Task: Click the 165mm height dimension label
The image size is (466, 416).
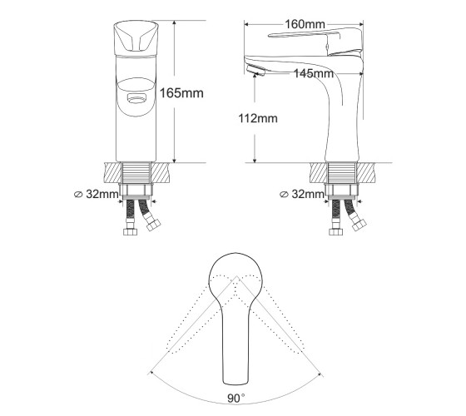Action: click(x=181, y=93)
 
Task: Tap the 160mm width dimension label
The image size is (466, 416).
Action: click(x=305, y=24)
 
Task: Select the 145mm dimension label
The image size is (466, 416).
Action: click(x=314, y=73)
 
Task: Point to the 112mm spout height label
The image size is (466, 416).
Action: click(x=258, y=118)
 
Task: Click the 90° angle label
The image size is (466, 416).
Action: click(x=236, y=399)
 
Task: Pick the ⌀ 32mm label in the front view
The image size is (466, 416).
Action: click(x=97, y=194)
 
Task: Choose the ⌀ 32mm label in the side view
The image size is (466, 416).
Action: click(x=302, y=194)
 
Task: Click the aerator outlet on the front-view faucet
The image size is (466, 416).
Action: click(x=136, y=99)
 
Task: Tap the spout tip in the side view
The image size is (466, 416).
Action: click(x=255, y=70)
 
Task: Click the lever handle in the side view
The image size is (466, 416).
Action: click(x=316, y=38)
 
